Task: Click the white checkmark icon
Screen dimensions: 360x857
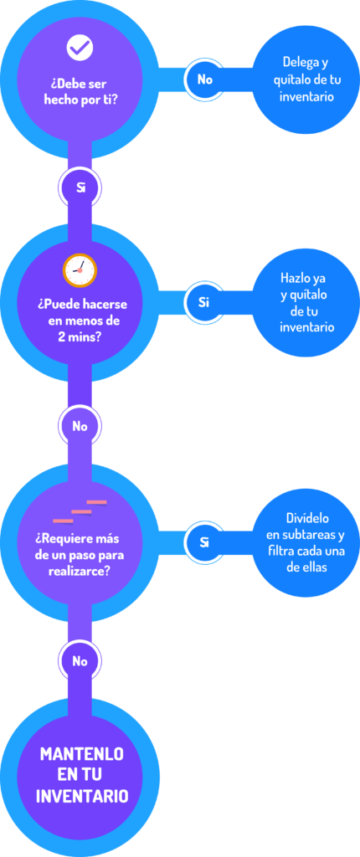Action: [x=80, y=48]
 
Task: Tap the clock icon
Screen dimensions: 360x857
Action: [x=80, y=270]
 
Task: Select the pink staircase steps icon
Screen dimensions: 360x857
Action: [x=80, y=511]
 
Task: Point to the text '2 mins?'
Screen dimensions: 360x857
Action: [x=80, y=336]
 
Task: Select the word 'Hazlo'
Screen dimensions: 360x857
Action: [x=292, y=278]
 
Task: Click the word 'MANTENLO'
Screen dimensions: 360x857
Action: [x=82, y=755]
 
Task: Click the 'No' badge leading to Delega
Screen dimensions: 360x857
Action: [x=204, y=80]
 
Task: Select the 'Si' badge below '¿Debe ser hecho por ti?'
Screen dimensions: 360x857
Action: [x=80, y=188]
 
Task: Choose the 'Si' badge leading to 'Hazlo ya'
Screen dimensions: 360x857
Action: [x=204, y=301]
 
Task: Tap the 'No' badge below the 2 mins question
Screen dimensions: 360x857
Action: [x=80, y=426]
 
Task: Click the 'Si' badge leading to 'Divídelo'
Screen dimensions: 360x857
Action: [x=204, y=542]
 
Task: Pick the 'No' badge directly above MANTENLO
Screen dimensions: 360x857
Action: [x=80, y=661]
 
